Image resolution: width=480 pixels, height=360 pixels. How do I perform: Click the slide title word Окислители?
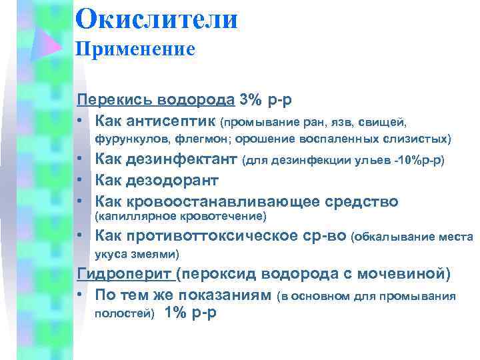[x=156, y=18]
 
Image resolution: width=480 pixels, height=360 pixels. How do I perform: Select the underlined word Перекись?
[x=105, y=100]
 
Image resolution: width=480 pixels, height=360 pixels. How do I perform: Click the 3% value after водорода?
[x=251, y=100]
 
